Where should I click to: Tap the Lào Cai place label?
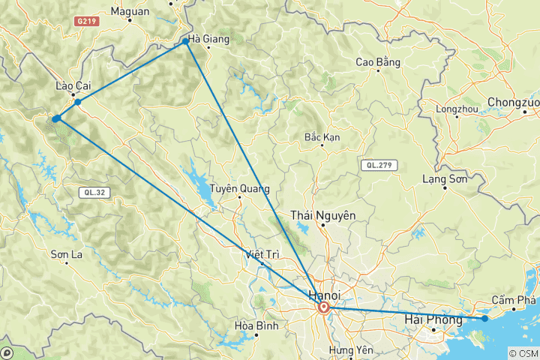coord(73,86)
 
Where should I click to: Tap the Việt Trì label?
coord(261,255)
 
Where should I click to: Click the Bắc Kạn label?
coord(323,137)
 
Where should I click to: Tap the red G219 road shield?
coord(86,22)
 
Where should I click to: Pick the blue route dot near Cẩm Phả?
coord(484,319)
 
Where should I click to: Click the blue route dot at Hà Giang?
coord(185,41)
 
